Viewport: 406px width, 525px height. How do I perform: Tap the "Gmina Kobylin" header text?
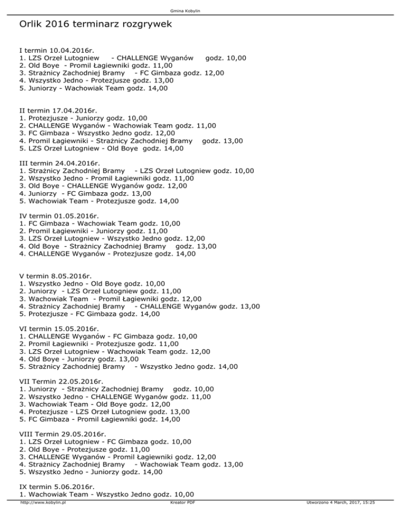coord(202,10)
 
